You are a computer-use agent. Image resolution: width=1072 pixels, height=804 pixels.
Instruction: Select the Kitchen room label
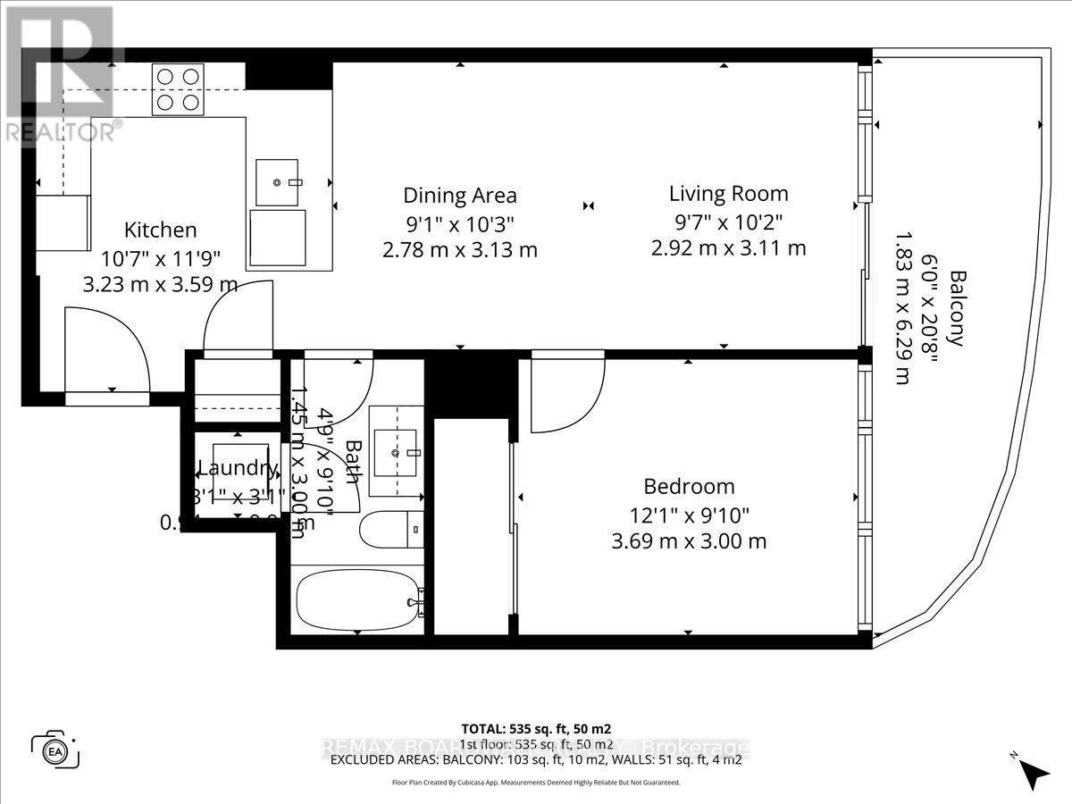160,230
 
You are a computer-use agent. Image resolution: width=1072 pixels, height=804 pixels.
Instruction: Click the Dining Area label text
460,196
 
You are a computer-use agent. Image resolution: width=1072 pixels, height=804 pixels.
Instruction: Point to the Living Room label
729,193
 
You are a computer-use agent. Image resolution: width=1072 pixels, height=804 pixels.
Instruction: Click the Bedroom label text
689,486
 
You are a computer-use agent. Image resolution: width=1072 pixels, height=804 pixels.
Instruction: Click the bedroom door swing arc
563,393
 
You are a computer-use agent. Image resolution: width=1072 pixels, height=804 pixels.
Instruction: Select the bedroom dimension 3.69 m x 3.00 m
689,540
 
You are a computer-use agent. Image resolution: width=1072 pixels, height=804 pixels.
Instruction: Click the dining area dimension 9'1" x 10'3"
460,222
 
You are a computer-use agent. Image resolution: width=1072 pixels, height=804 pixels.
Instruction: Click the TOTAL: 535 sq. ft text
536,728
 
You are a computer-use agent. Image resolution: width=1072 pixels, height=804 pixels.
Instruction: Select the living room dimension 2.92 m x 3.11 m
729,247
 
